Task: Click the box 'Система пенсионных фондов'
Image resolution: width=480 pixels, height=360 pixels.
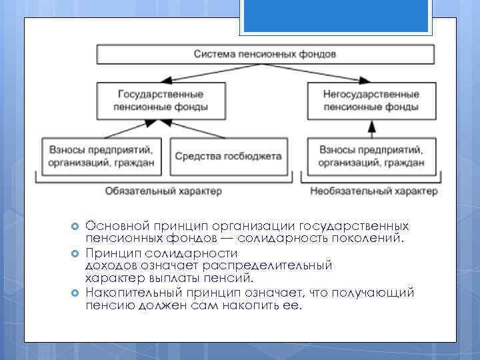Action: (x=265, y=53)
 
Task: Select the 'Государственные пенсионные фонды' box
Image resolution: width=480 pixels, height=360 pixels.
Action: (x=161, y=101)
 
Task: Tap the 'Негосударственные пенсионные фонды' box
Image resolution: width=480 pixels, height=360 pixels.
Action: (x=371, y=101)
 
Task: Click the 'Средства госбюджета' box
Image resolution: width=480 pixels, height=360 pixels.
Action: (x=228, y=156)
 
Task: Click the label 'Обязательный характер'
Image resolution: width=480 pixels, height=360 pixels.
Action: (x=163, y=191)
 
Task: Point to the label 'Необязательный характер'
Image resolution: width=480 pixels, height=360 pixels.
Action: (x=374, y=191)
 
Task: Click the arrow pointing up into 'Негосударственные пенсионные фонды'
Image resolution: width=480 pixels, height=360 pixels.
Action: (x=371, y=128)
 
